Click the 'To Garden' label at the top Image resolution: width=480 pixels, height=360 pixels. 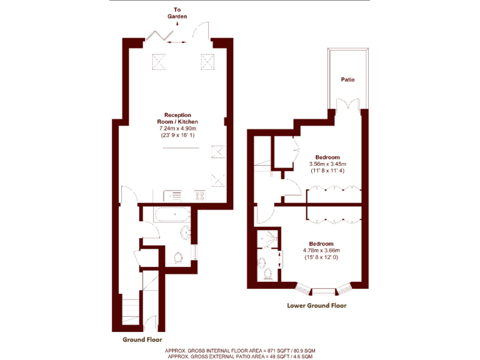point(177,13)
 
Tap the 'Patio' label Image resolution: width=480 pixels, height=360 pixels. point(348,80)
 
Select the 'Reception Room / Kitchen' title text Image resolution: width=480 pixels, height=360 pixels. point(177,118)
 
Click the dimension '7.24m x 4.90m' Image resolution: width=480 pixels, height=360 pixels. point(177,128)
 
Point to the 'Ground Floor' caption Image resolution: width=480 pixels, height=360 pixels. point(142,339)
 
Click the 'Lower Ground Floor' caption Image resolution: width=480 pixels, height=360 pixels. point(316,306)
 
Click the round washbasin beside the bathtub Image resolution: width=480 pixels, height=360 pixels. point(187,234)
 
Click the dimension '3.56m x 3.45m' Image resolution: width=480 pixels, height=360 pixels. point(327,163)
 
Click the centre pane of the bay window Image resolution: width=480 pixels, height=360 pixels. point(322,291)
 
